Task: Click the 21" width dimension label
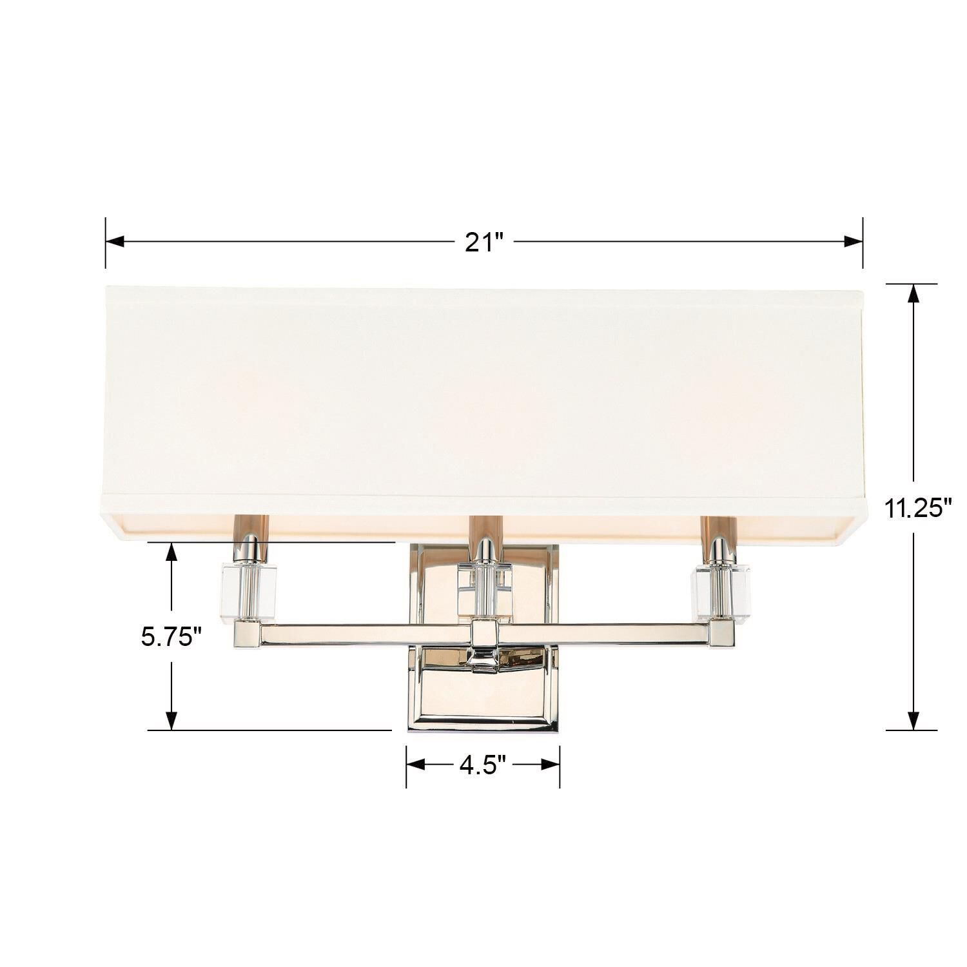click(x=484, y=242)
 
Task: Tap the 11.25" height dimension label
click(x=918, y=509)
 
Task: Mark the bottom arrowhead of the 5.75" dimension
click(x=171, y=720)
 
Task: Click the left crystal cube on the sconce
click(x=249, y=592)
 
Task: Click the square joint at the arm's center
click(x=485, y=635)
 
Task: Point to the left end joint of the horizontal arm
click(x=246, y=635)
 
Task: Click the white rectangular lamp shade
click(x=484, y=393)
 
